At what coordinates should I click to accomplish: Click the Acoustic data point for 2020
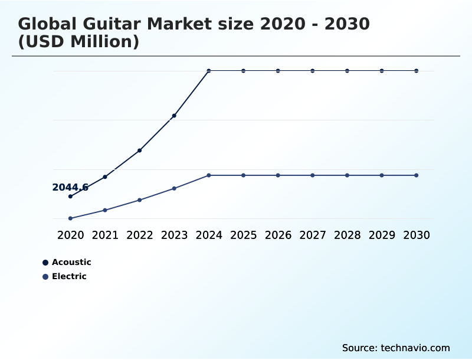[x=70, y=196]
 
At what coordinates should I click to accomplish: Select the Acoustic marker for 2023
[x=174, y=116]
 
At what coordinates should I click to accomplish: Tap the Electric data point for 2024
[x=209, y=175]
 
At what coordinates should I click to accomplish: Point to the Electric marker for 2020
[x=70, y=218]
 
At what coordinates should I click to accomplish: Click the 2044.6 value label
[x=70, y=187]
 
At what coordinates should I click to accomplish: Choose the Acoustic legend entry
[x=66, y=262]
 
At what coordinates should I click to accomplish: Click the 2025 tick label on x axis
[x=243, y=235]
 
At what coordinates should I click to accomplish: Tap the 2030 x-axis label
[x=417, y=235]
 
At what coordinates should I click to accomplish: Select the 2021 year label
[x=105, y=235]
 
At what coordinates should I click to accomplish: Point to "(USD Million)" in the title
[x=78, y=42]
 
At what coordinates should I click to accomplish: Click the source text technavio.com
[x=415, y=348]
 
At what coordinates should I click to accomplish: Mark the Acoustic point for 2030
[x=417, y=71]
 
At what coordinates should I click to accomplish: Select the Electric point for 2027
[x=313, y=175]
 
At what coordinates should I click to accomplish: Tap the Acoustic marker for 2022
[x=139, y=150]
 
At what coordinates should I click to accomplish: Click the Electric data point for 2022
[x=139, y=200]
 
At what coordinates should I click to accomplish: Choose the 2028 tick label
[x=347, y=235]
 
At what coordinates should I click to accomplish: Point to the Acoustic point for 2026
[x=278, y=71]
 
